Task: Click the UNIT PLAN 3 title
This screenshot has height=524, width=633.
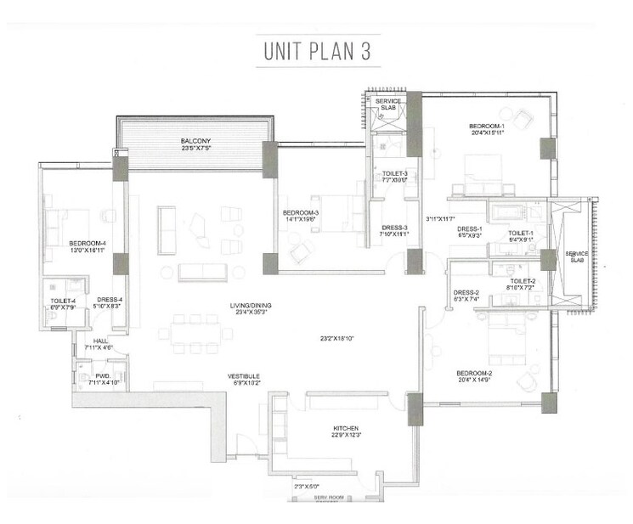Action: (x=315, y=51)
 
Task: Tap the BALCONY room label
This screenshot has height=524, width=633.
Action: (x=195, y=141)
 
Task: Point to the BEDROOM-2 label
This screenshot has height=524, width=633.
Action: (x=474, y=373)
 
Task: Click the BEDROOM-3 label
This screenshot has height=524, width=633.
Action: (x=301, y=212)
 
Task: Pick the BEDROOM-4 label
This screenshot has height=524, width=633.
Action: (x=87, y=245)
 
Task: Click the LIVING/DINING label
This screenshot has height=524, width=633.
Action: (x=249, y=306)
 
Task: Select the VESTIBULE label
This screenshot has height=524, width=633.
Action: (x=243, y=375)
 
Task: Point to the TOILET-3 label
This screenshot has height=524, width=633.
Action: (x=393, y=174)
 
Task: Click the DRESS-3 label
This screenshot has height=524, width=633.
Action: (x=393, y=228)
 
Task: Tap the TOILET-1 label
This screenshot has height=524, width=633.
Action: (x=520, y=233)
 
